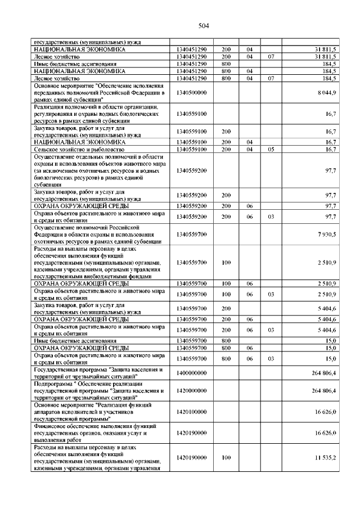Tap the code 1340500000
(x=191, y=92)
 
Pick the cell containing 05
(x=271, y=149)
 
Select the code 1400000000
(x=191, y=373)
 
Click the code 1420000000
(x=191, y=390)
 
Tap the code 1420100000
(x=191, y=412)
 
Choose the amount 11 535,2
(x=325, y=458)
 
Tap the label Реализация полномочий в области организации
(x=96, y=107)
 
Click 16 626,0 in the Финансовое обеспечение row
(x=325, y=434)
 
